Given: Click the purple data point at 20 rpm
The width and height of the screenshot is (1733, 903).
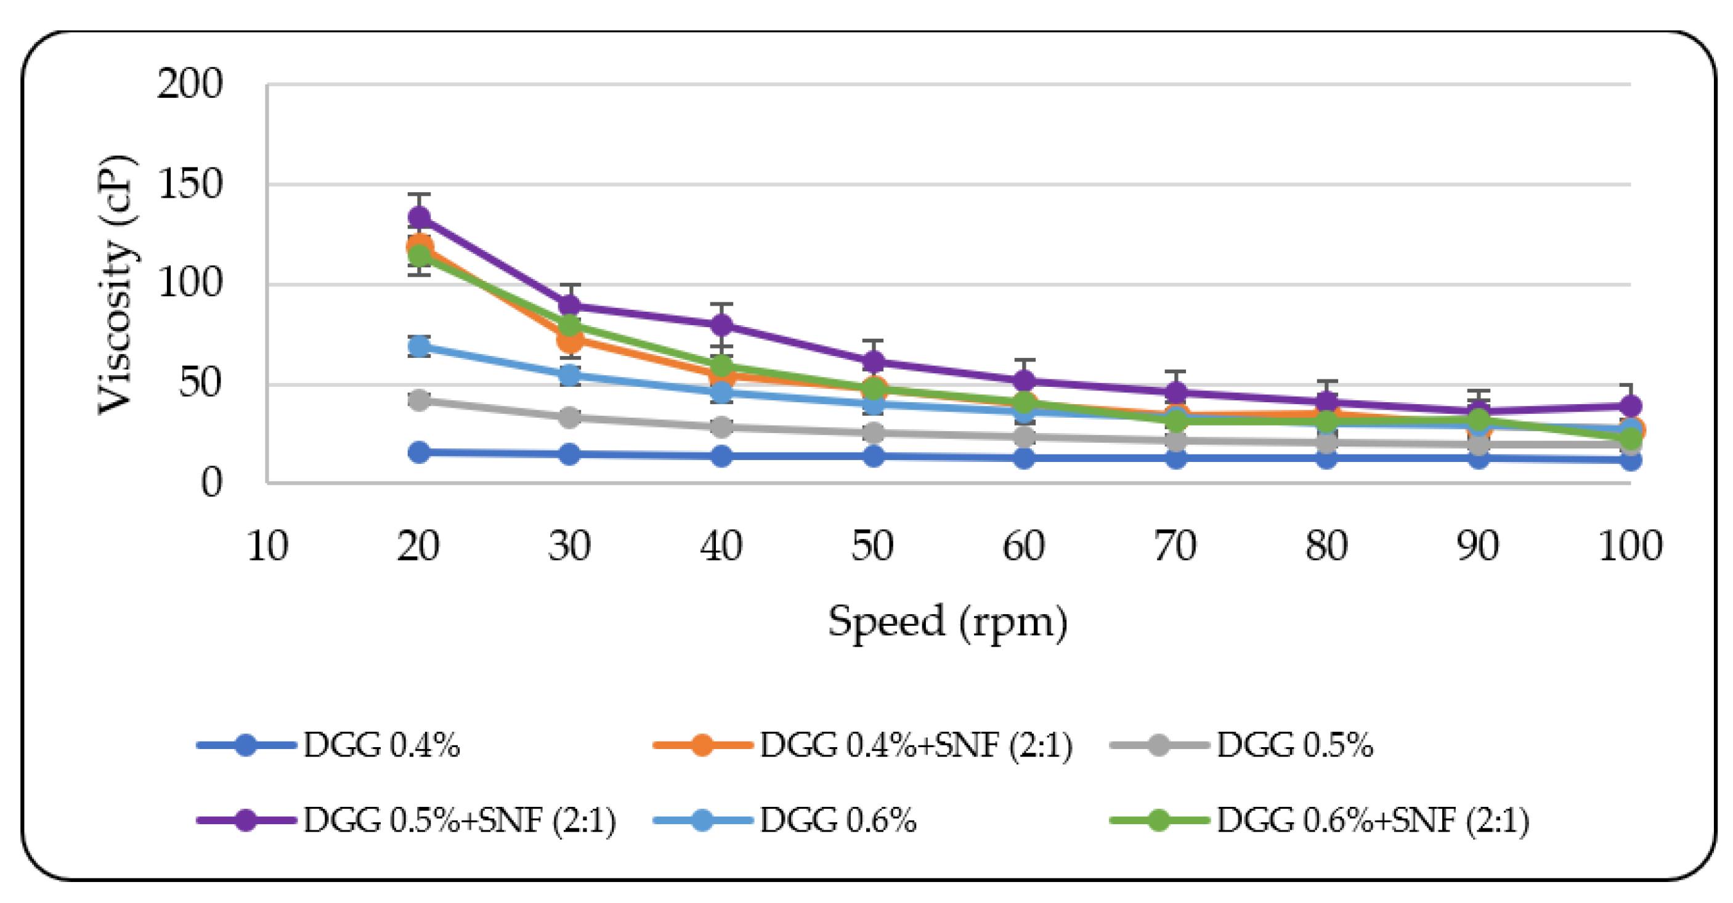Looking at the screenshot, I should [418, 217].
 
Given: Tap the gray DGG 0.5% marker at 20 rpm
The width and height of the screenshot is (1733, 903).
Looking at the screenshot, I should [418, 400].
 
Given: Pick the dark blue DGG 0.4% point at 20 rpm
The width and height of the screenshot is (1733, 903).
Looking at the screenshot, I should [418, 452].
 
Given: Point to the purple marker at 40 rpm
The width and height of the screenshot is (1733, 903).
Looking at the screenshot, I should [721, 325].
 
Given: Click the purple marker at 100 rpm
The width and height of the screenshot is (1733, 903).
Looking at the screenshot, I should [1630, 406].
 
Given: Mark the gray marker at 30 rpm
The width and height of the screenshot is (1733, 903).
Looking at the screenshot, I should [569, 416].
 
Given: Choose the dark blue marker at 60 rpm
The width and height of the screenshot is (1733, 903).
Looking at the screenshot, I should [1024, 458].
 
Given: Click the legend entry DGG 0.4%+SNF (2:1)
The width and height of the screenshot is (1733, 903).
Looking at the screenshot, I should [915, 745].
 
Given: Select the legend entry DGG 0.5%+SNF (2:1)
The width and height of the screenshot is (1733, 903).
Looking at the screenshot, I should [459, 820].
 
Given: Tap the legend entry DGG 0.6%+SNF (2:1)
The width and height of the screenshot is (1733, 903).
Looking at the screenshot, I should [1373, 820].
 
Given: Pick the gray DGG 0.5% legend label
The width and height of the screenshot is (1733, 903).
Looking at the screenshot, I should [1294, 745].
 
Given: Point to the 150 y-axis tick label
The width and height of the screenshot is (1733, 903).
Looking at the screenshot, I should [190, 184].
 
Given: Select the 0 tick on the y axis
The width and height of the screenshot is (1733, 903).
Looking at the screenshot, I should [211, 482].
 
